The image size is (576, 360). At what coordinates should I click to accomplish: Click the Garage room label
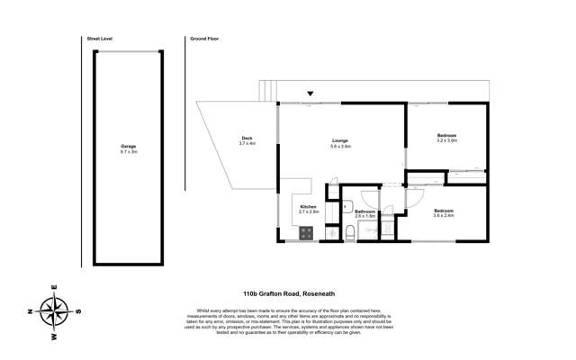[x=129, y=147]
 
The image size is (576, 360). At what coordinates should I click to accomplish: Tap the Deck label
[x=247, y=138]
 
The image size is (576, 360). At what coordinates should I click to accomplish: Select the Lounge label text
[x=340, y=139]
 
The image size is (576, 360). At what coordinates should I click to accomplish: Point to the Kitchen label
[x=309, y=207]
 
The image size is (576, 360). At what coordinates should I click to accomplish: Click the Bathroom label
[x=364, y=211]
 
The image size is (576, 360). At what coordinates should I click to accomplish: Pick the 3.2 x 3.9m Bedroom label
[x=447, y=136]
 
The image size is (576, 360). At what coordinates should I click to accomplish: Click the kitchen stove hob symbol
[x=306, y=232]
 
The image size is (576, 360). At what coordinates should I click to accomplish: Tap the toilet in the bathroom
[x=350, y=233]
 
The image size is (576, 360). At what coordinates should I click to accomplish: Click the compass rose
[x=55, y=311]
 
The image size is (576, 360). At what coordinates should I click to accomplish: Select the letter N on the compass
[x=30, y=311]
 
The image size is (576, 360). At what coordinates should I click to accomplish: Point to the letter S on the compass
[x=79, y=311]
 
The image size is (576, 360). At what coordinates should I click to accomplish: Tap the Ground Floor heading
[x=204, y=40]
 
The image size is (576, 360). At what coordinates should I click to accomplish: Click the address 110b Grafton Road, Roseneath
[x=288, y=293]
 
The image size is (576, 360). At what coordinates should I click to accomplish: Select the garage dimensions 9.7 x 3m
[x=129, y=152]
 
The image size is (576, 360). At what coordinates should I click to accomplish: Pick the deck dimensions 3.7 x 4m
[x=247, y=143]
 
